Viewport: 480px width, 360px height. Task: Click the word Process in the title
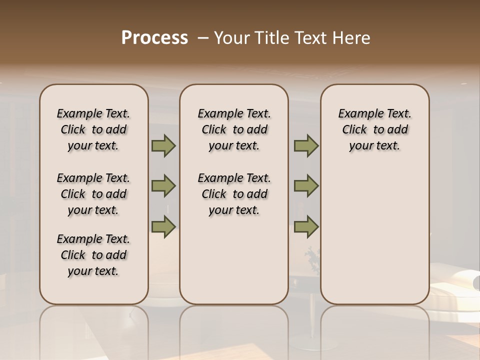point(154,38)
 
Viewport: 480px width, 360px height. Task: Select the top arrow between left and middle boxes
point(163,146)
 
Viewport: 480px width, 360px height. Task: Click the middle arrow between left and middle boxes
point(163,186)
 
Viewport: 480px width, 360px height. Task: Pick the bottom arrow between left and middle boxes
point(163,226)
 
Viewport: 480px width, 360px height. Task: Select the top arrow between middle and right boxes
point(306,146)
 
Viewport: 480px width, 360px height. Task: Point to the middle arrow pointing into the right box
point(306,186)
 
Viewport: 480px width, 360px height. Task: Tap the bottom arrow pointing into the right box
point(306,226)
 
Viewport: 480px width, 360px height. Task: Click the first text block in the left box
point(93,129)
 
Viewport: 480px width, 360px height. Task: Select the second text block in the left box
point(93,194)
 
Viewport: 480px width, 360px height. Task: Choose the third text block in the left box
point(93,255)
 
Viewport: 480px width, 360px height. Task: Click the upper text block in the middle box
point(234,129)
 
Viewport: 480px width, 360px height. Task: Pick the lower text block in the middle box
point(234,194)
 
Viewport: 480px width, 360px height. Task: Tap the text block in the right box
point(374,129)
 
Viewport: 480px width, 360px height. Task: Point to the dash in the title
point(203,38)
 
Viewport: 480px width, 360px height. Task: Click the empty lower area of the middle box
point(234,260)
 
